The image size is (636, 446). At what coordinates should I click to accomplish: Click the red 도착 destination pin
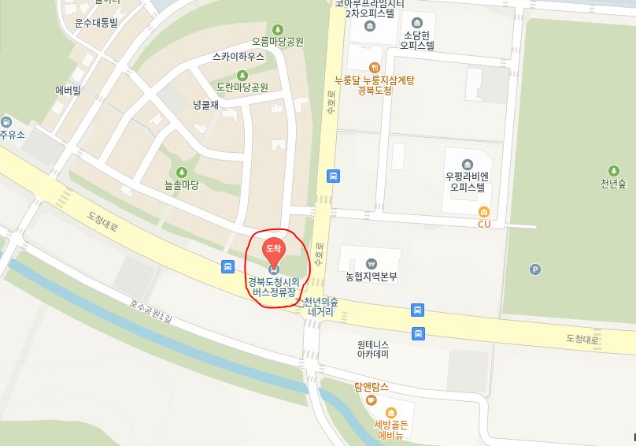[x=273, y=250]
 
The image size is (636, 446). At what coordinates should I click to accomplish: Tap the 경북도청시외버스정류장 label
[x=274, y=286]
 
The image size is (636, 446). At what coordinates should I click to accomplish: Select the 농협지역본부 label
[x=372, y=277]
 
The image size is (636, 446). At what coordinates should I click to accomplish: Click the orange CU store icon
[x=483, y=211]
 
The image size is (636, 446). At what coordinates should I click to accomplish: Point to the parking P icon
[x=535, y=269]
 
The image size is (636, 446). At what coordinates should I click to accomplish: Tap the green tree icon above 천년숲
[x=613, y=170]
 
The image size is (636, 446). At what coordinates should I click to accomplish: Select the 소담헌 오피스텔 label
[x=417, y=40]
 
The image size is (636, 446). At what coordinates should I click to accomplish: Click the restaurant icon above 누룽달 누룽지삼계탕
[x=375, y=68]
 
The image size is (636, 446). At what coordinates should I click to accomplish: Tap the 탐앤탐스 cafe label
[x=372, y=387]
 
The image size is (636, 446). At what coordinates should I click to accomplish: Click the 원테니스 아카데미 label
[x=373, y=349]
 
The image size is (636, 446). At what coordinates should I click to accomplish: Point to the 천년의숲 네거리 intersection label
[x=321, y=307]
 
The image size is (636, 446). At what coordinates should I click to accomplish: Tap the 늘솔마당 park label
[x=182, y=185]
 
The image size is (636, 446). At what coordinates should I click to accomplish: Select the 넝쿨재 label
[x=205, y=103]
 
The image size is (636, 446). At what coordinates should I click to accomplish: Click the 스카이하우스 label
[x=237, y=57]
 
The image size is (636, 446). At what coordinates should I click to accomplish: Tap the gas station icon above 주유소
[x=7, y=122]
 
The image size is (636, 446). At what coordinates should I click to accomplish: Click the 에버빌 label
[x=68, y=90]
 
